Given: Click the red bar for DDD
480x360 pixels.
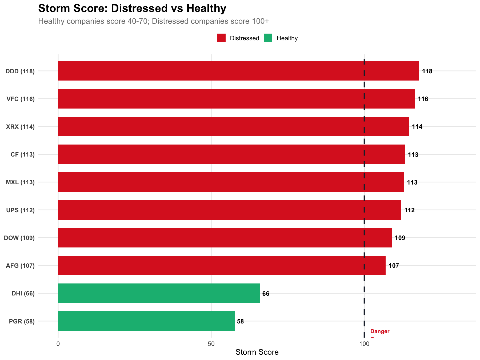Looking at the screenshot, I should [x=238, y=71].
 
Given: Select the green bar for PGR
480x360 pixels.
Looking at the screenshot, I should [x=146, y=321].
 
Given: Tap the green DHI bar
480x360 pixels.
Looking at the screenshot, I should [x=159, y=293].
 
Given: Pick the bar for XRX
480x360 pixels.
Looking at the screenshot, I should [x=233, y=126].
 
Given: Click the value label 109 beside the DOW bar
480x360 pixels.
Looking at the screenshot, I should [x=400, y=238].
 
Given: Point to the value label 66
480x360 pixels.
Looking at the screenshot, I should [x=266, y=294].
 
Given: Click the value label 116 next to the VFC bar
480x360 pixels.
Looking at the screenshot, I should [x=423, y=99].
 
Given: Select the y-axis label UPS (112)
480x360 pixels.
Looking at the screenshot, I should [x=21, y=210].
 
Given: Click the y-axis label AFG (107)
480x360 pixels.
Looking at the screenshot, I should [x=20, y=266].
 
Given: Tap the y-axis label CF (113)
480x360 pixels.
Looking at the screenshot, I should [x=23, y=154].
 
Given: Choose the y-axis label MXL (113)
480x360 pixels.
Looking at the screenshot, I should [x=20, y=182].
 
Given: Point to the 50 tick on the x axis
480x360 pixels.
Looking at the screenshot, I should [x=211, y=344].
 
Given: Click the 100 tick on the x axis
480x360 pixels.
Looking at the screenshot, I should [x=364, y=344].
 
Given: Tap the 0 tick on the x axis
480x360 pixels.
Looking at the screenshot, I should [x=58, y=344].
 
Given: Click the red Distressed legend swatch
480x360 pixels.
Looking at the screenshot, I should [x=221, y=38].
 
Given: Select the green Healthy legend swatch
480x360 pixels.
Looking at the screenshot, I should [x=268, y=38].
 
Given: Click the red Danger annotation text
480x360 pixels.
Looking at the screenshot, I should [x=380, y=331].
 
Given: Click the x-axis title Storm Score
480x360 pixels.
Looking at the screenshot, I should [x=257, y=352].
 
